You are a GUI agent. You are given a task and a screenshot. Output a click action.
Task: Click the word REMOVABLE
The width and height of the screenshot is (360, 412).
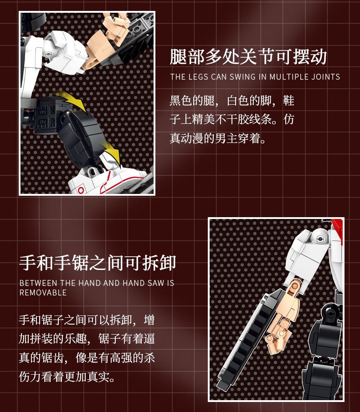(43, 293)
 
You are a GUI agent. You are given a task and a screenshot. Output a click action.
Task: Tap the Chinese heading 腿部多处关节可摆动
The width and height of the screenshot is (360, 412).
(248, 56)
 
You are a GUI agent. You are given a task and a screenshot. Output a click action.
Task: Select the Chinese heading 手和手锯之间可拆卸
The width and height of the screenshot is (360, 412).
(98, 263)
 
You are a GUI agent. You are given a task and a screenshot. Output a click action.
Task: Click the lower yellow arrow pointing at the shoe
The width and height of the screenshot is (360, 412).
(113, 155)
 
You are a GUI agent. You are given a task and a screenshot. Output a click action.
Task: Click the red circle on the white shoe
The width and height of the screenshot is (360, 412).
(81, 190)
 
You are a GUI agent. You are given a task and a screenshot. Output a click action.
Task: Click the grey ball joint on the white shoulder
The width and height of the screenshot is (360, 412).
(320, 238)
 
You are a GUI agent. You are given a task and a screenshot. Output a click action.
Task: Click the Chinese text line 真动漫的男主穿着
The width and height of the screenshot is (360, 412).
(218, 138)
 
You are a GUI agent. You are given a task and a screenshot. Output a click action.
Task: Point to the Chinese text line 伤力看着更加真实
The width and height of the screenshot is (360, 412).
(67, 376)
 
